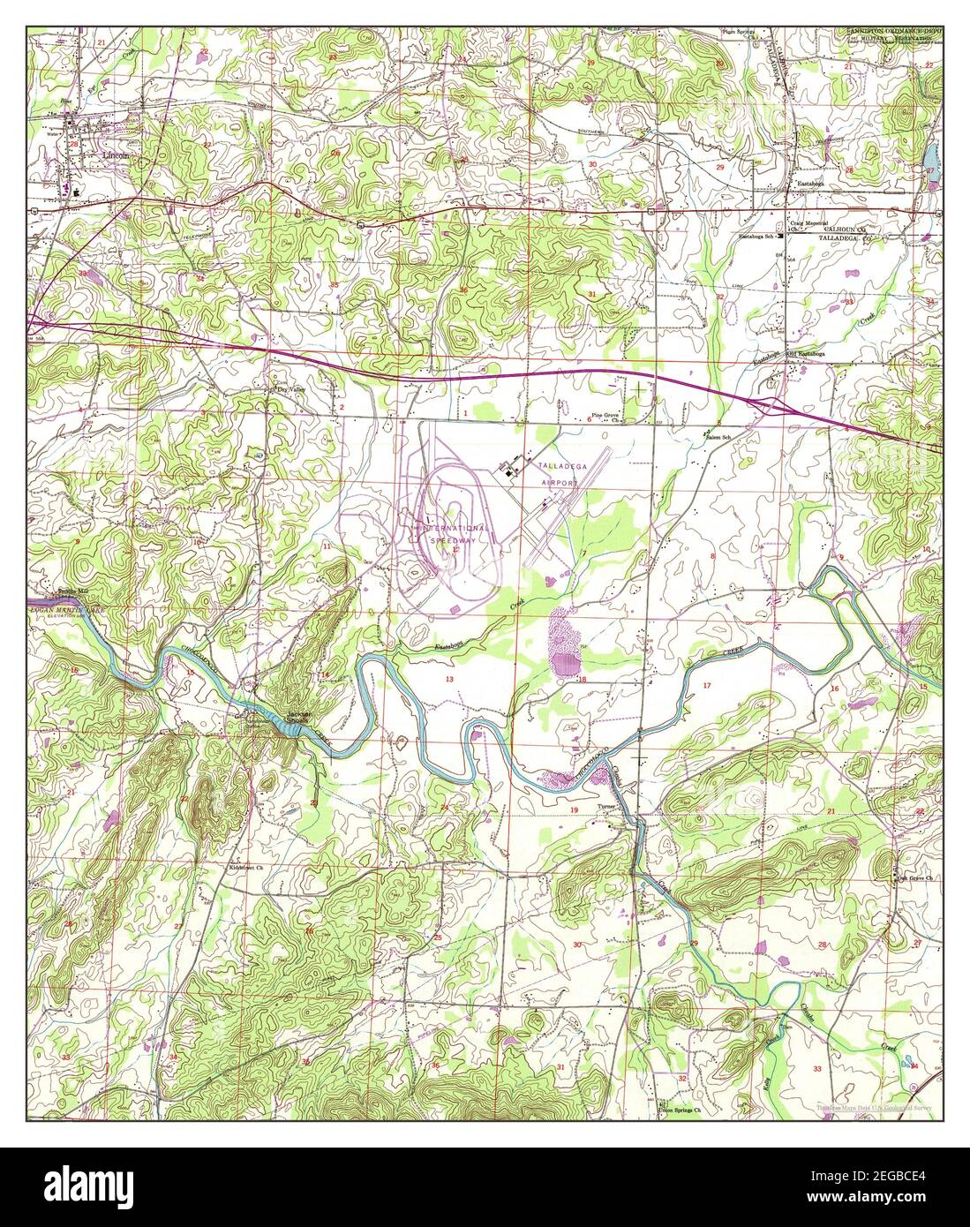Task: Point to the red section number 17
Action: click(x=706, y=686)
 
